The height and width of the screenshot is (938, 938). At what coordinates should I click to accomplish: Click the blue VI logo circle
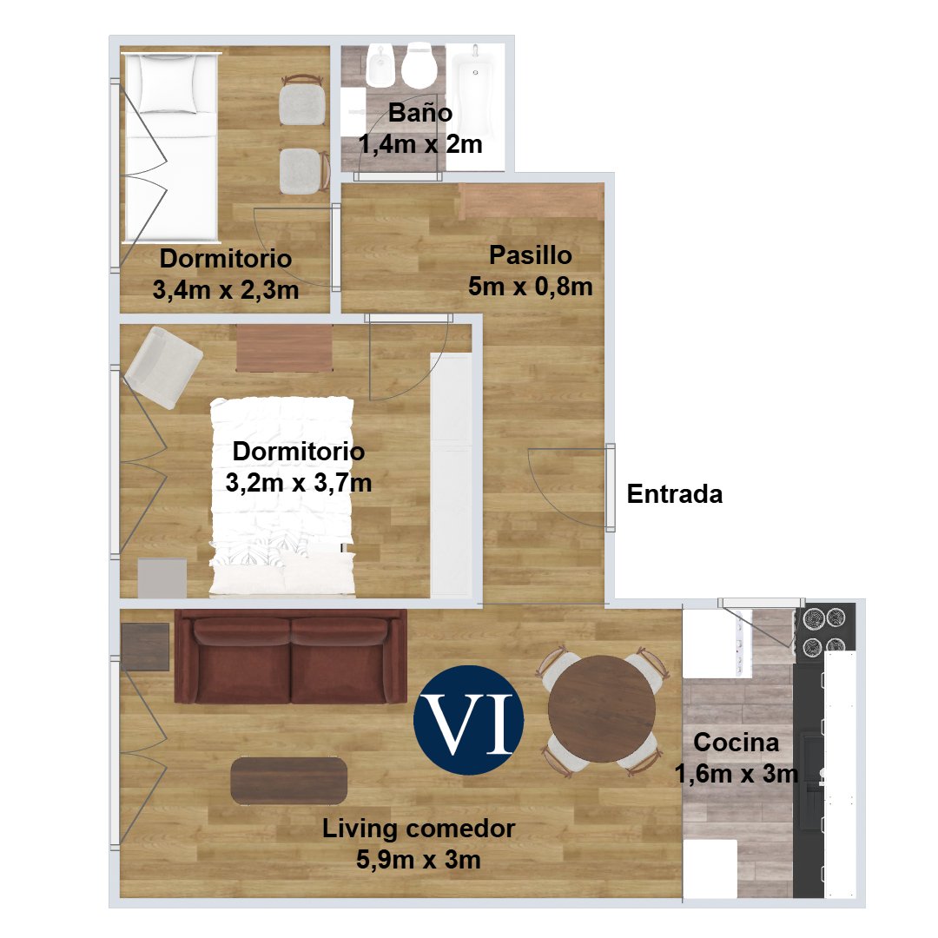tap(468, 720)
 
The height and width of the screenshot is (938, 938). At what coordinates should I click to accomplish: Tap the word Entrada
tap(675, 494)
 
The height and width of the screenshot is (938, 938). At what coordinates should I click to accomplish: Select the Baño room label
tap(420, 112)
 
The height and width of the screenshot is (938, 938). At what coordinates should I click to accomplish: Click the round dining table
tap(602, 709)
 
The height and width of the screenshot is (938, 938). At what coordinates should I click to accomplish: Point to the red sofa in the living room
tap(291, 657)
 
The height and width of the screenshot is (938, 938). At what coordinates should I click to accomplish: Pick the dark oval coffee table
tap(289, 781)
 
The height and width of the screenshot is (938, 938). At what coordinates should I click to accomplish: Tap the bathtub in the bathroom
tap(477, 89)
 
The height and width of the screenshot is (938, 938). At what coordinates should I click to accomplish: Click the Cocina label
tap(736, 743)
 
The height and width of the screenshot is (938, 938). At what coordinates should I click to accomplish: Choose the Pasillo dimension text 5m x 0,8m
tap(530, 287)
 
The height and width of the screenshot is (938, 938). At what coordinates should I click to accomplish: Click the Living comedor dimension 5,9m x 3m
tap(418, 860)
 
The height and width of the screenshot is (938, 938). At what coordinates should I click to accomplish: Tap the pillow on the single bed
tap(168, 83)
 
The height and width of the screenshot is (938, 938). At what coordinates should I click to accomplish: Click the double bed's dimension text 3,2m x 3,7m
tap(299, 483)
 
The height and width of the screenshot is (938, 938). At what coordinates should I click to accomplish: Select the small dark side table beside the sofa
tap(145, 647)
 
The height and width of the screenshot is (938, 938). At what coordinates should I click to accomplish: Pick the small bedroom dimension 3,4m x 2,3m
tap(226, 290)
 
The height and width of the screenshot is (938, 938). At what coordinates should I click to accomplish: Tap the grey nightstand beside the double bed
tap(162, 578)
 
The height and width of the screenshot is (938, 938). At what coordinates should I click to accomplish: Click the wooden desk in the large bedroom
tap(284, 347)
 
